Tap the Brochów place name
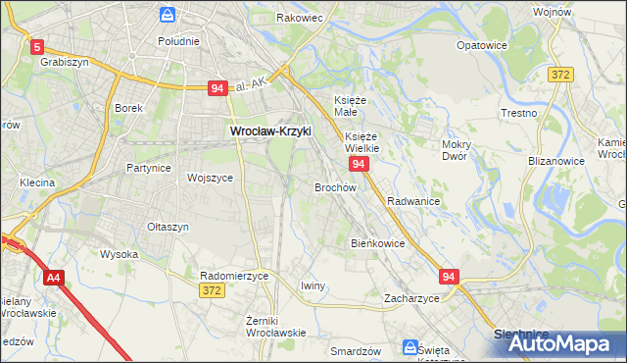coord(334,186)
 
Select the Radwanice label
coord(412,200)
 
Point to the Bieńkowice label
coord(377,242)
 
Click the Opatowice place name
coord(480,45)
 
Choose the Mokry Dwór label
coord(457,149)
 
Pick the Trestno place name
coord(518,113)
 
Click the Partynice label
coord(148,168)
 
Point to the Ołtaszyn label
coord(167,227)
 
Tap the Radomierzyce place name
coord(233,276)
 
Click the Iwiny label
coord(313,285)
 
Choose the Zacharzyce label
coord(411,297)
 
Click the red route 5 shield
coord(37,46)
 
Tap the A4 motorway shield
coord(54,278)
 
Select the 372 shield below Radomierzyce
coord(211,290)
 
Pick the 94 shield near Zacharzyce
coord(449,278)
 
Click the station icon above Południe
coord(168,16)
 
